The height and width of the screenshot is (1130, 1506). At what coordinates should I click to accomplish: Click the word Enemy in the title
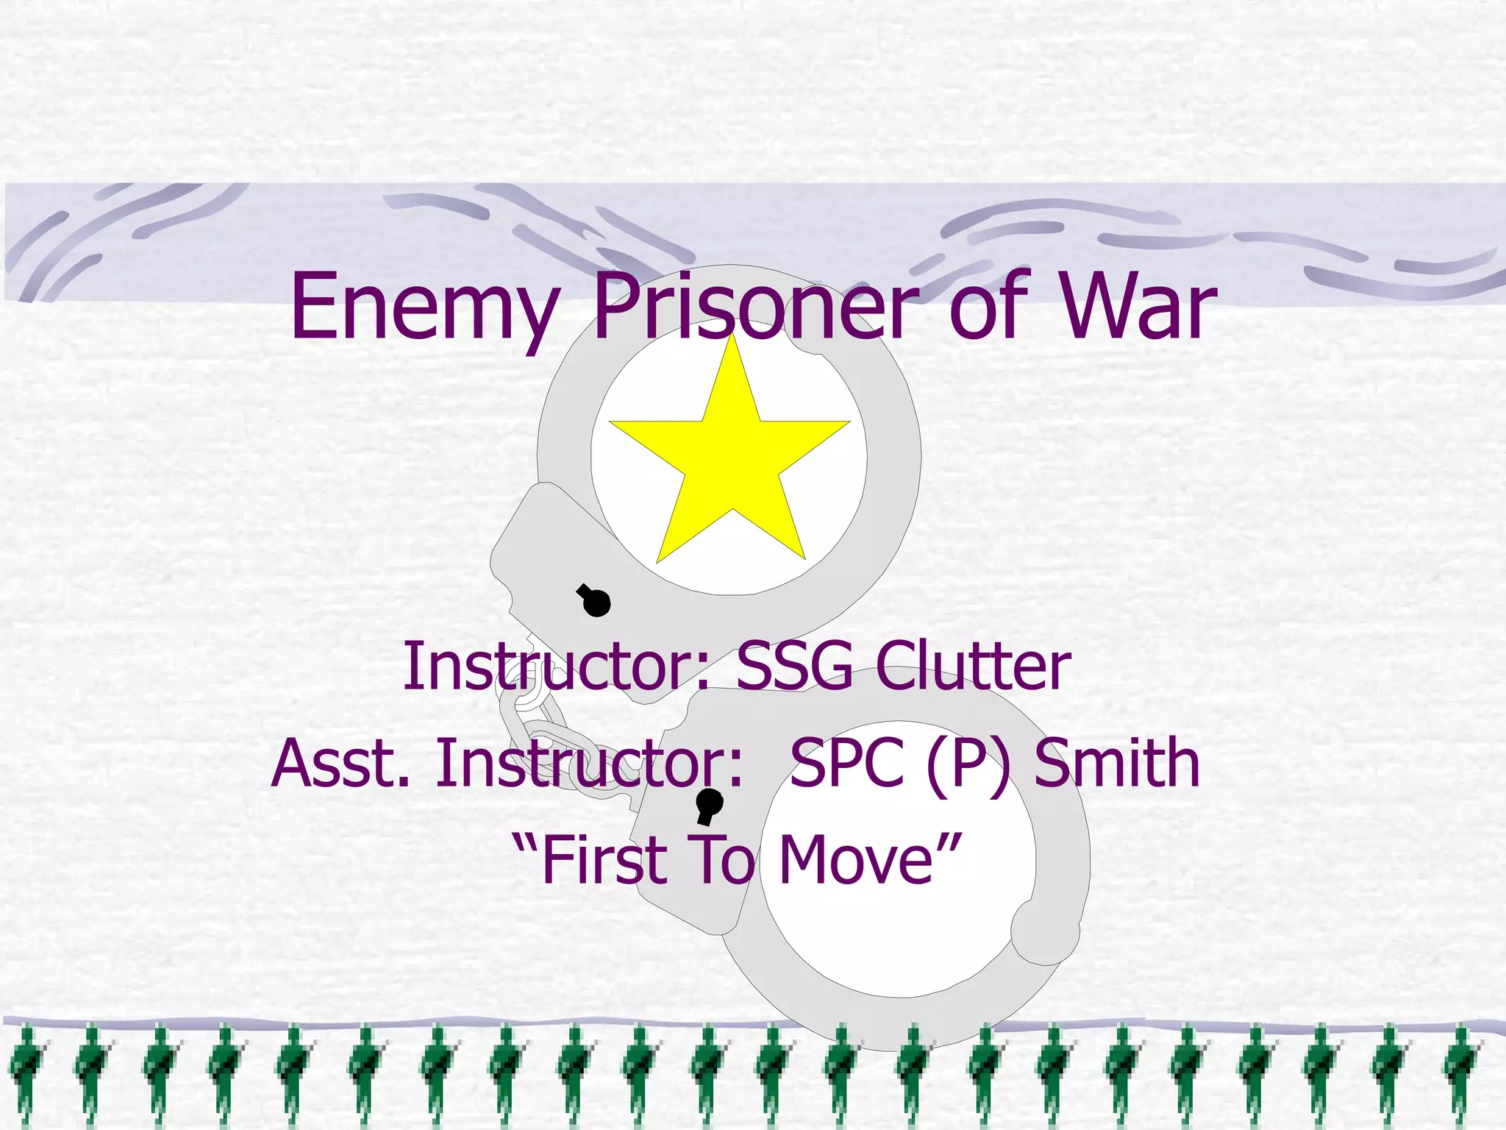point(424,308)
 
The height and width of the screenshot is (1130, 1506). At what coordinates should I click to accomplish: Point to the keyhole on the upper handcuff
point(594,600)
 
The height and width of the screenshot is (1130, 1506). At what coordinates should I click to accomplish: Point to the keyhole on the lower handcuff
point(709,805)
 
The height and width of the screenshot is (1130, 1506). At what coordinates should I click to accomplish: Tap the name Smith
point(1117,763)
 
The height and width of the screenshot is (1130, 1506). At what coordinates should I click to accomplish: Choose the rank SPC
point(846,763)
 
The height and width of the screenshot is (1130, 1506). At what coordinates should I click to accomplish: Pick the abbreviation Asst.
point(340,763)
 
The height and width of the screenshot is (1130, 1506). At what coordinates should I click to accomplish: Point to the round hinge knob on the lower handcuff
point(1044,930)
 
